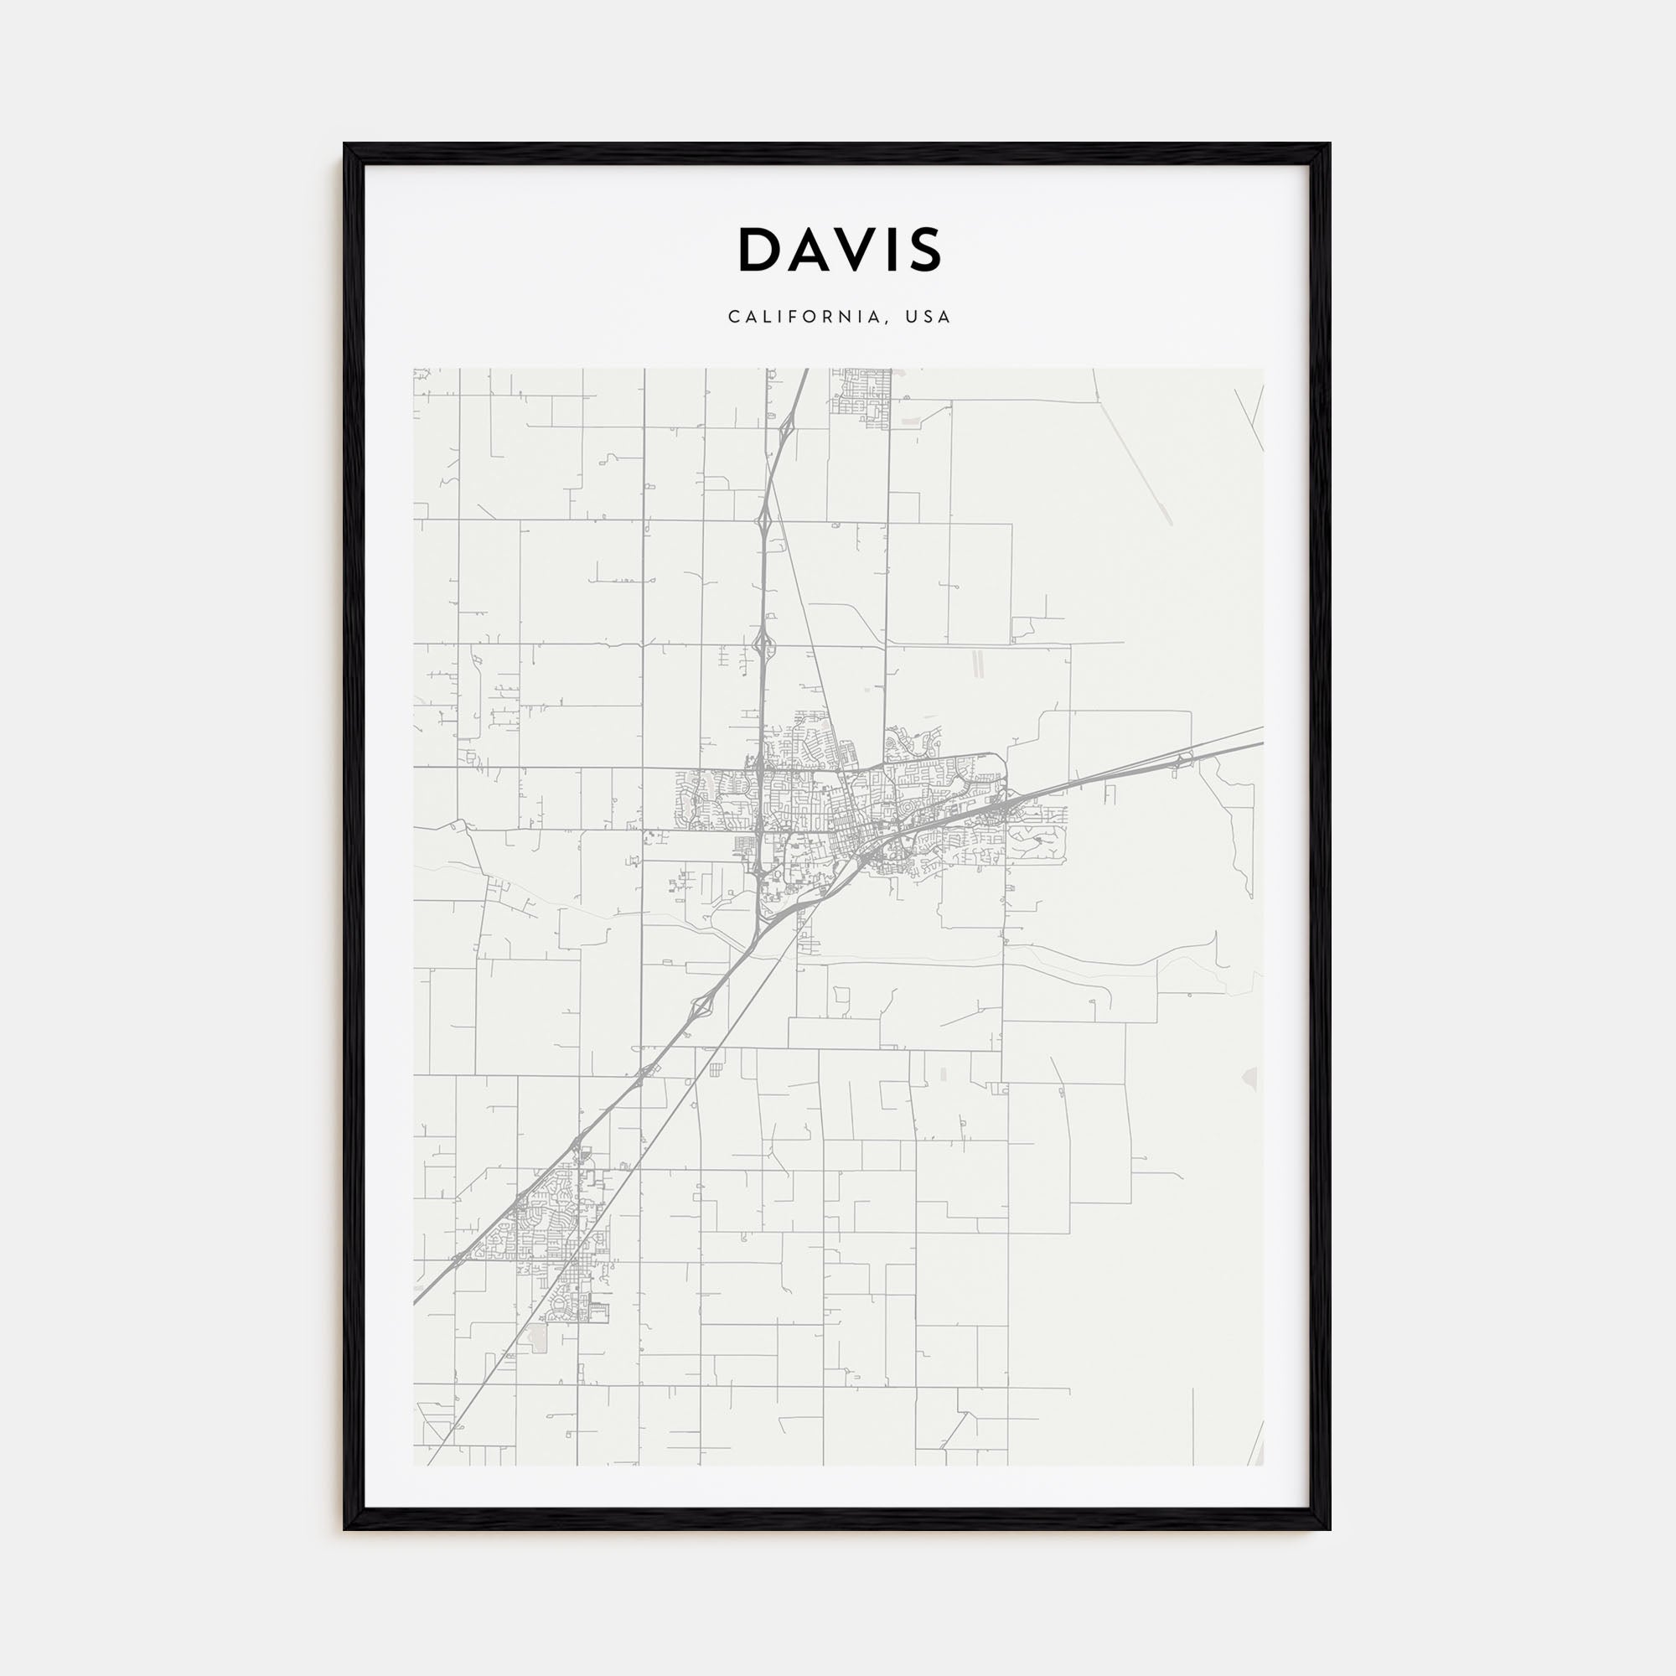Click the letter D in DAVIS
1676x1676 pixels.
(x=760, y=250)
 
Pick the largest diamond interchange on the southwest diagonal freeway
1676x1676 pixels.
(x=701, y=1006)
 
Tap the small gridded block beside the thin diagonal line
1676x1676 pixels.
(x=715, y=1069)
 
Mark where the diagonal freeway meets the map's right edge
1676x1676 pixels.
(x=1261, y=743)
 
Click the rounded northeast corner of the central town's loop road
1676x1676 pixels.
(x=1002, y=758)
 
